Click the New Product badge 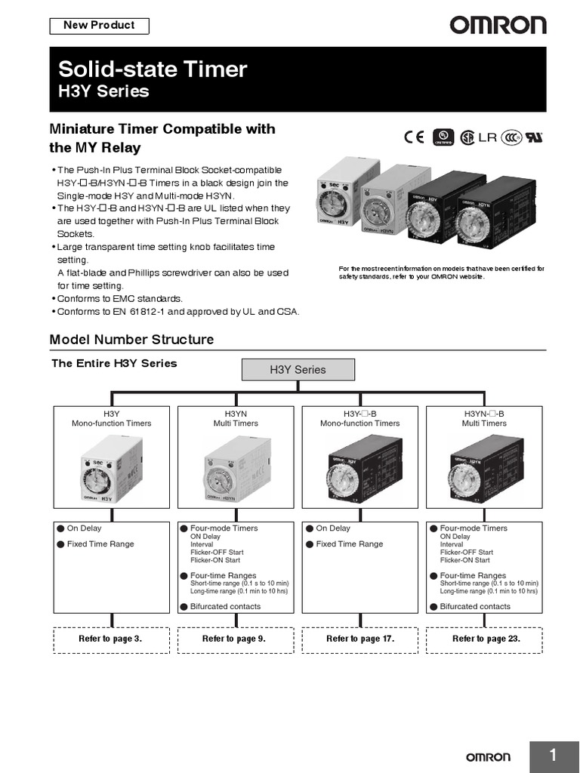(x=99, y=26)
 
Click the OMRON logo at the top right (x=498, y=26)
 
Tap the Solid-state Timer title (x=153, y=70)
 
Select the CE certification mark (x=414, y=137)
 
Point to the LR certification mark (x=488, y=137)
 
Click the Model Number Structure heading (x=131, y=340)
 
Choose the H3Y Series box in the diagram (x=298, y=370)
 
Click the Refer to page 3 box (x=110, y=639)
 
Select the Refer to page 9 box (x=234, y=639)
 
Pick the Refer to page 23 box (x=485, y=639)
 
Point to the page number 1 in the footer (x=553, y=756)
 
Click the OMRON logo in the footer (x=486, y=757)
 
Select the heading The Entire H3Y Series (x=114, y=363)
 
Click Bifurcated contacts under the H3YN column (x=225, y=606)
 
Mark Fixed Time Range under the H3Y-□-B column (x=349, y=544)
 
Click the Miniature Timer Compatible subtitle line (x=162, y=129)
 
